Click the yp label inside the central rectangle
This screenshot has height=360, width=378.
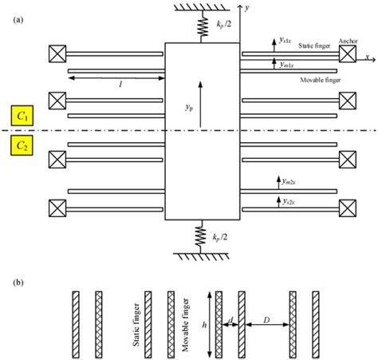pyautogui.click(x=189, y=104)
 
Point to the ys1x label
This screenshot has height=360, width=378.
pyautogui.click(x=285, y=39)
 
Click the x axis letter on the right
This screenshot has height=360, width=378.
pyautogui.click(x=368, y=57)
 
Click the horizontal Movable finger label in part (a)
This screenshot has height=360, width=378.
pyautogui.click(x=321, y=81)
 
